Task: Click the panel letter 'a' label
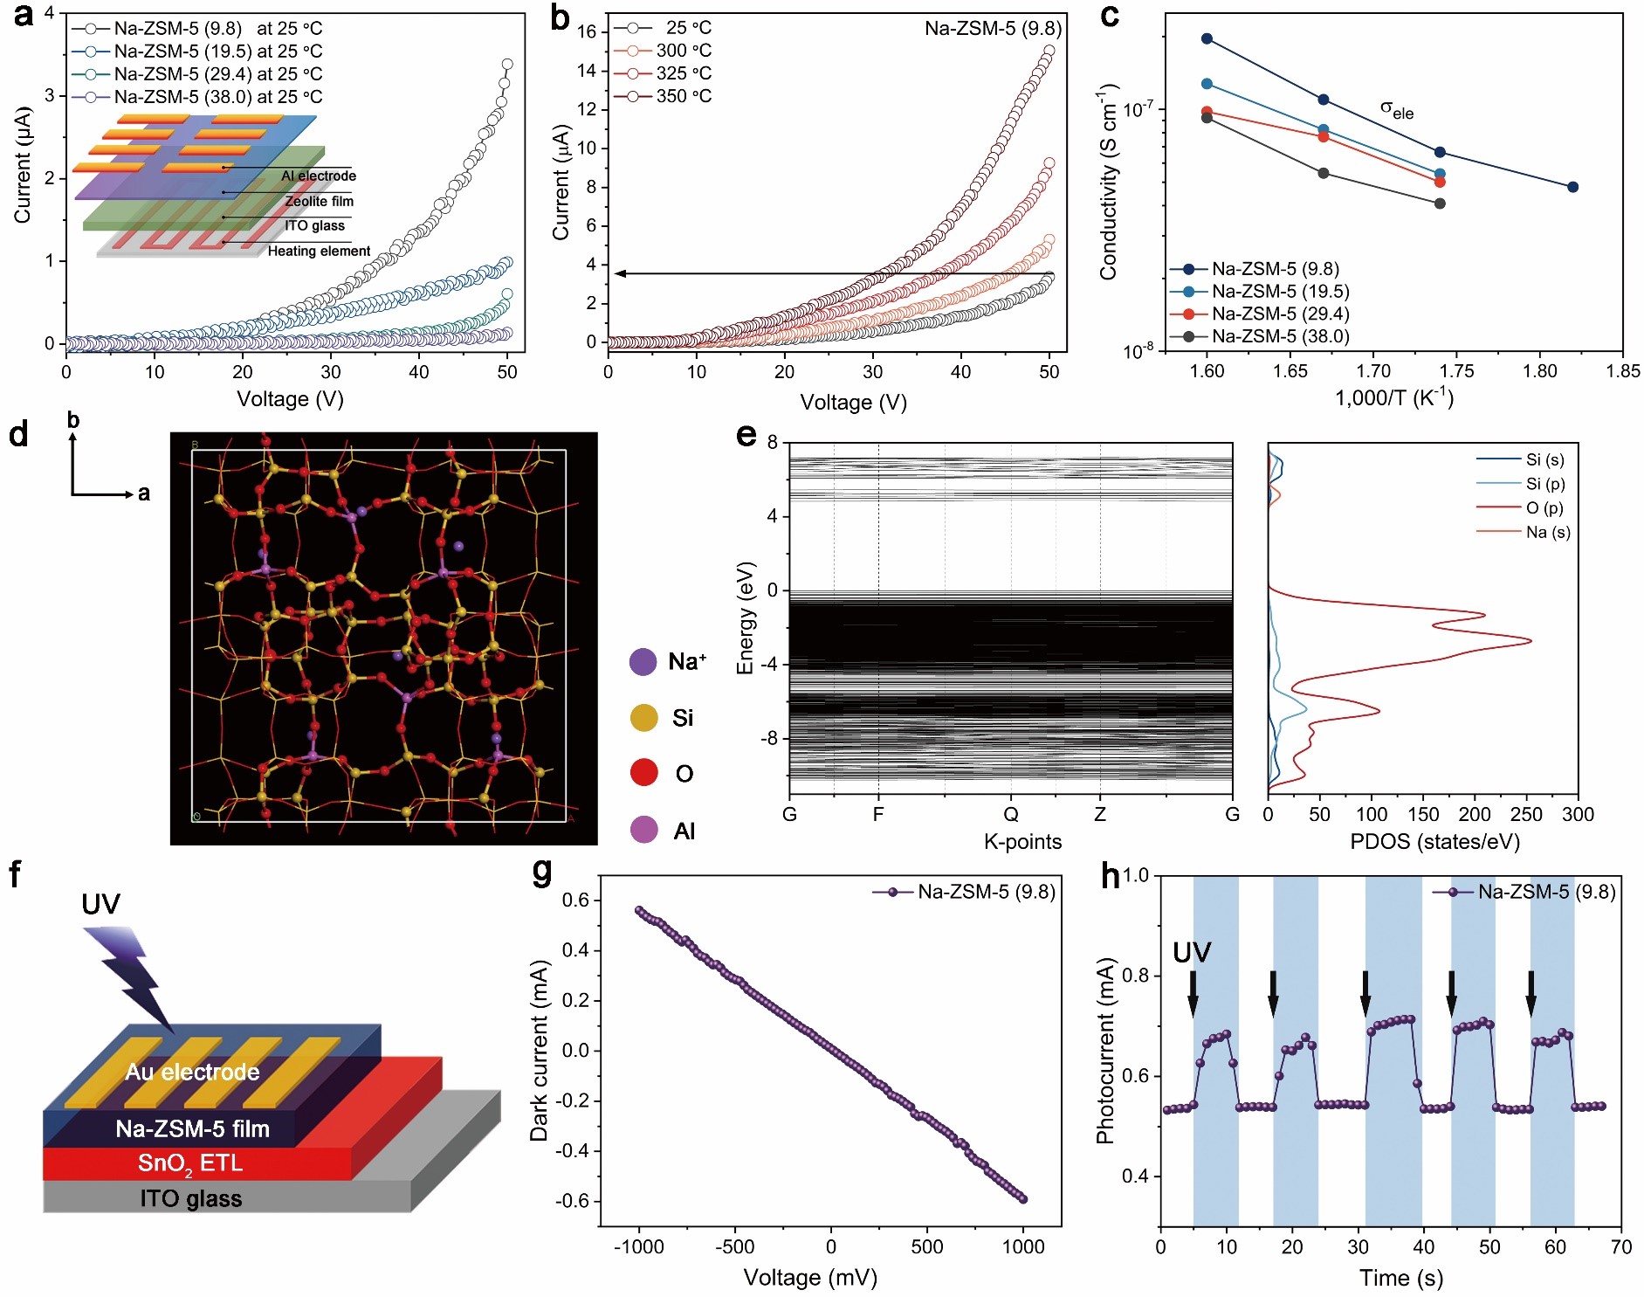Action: (24, 15)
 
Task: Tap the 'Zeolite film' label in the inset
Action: (319, 201)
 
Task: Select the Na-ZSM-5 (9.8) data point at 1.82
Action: (1572, 187)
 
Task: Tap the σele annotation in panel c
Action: (1396, 109)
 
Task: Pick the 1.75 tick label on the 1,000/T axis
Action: (1456, 371)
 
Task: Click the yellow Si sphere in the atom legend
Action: (643, 718)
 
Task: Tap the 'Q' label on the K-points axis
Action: (1011, 815)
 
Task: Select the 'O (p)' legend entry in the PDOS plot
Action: (1544, 508)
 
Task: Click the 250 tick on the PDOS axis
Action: (1526, 815)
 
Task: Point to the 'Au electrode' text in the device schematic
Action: (192, 1072)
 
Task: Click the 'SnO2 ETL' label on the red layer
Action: (190, 1163)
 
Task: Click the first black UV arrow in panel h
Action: (1193, 994)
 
